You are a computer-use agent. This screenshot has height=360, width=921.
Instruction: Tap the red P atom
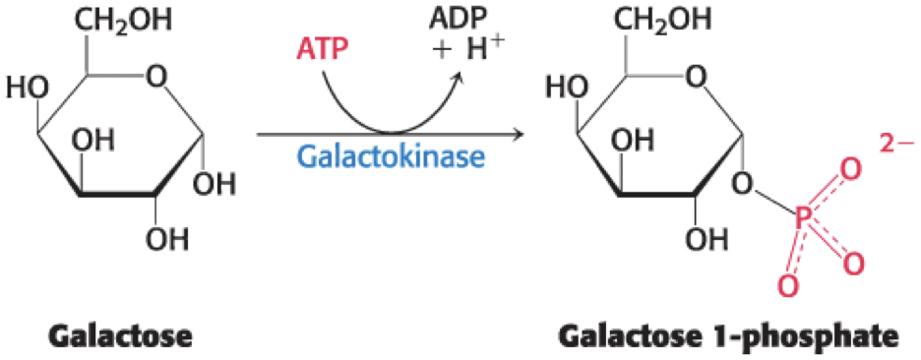click(803, 220)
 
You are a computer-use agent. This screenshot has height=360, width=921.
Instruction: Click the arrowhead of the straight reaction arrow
click(518, 135)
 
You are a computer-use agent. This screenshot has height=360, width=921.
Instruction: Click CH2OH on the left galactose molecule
click(123, 20)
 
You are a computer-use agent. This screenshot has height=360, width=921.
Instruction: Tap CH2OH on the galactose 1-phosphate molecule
click(664, 20)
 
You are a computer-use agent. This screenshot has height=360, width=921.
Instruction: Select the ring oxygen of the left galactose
click(156, 77)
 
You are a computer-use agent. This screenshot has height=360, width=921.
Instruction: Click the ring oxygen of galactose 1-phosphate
click(697, 77)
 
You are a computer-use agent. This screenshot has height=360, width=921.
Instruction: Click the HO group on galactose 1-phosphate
click(568, 90)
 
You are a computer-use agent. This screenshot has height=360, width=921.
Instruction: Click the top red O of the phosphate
click(847, 171)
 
